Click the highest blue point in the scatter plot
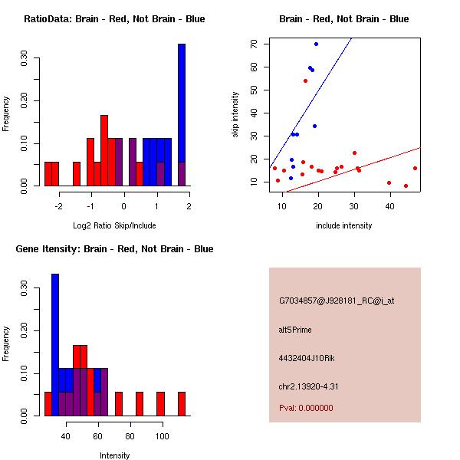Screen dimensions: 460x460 pos(316,44)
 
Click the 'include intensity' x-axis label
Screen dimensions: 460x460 pos(343,225)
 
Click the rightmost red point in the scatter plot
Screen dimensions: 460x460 pos(415,168)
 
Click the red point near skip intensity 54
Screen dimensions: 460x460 pos(305,80)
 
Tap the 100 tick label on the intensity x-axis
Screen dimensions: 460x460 pos(162,436)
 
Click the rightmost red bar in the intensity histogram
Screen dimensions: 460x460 pos(182,403)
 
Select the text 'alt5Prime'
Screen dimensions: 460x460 pos(295,330)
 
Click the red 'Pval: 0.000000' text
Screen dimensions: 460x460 pos(306,408)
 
